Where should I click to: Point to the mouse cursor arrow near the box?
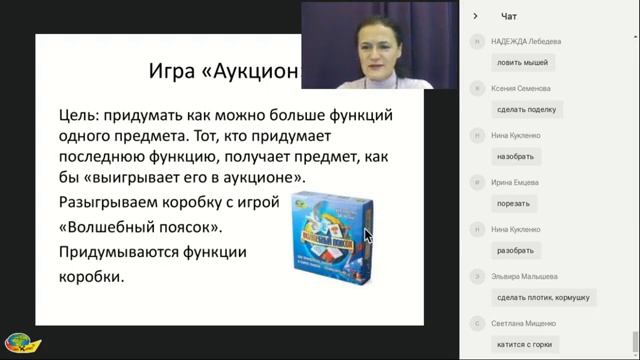coord(367,237)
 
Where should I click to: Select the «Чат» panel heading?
coord(509,16)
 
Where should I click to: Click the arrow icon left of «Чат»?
coord(476,16)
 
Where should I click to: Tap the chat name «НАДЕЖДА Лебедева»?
coord(526,42)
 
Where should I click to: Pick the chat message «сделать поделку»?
coord(525,109)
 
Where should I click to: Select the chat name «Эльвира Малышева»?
coord(525,277)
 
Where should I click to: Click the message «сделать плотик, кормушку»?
coord(543,297)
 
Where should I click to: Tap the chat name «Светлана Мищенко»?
coord(524,324)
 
